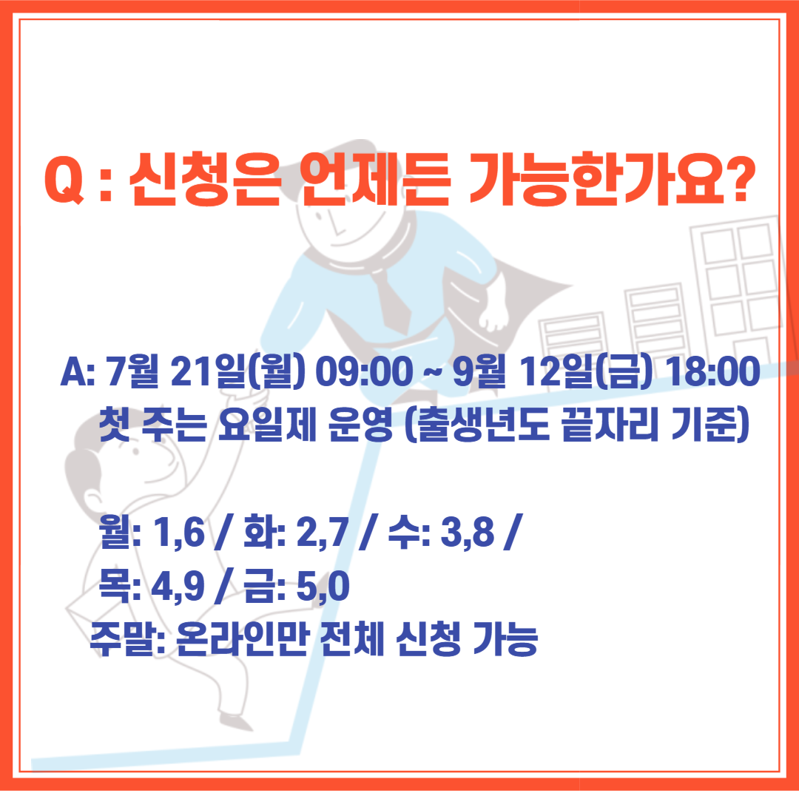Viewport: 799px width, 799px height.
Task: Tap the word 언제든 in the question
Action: pos(375,179)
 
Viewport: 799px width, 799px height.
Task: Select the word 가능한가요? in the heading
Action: pos(612,179)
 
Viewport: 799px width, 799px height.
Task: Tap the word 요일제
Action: pos(267,424)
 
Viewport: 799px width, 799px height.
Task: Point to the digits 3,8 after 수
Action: pos(468,532)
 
